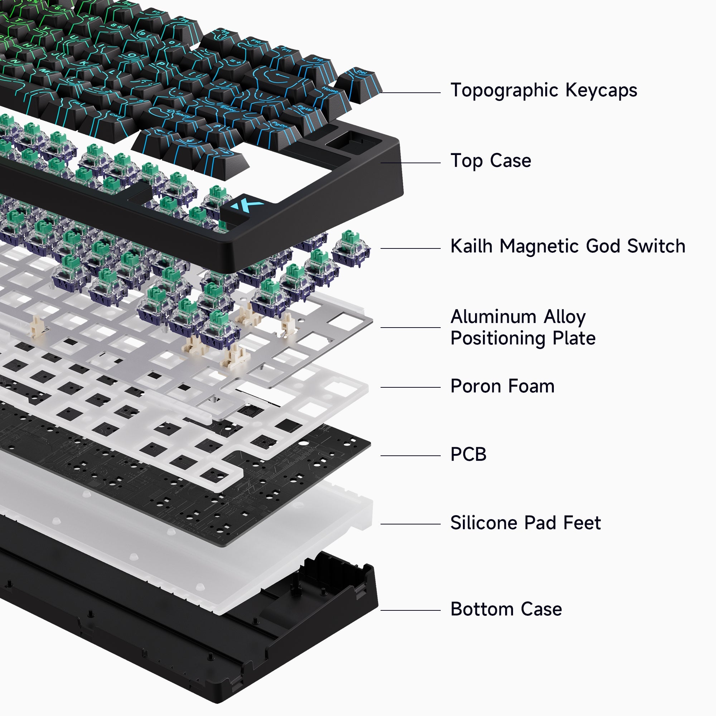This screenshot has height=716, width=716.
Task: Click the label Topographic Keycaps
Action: point(544,90)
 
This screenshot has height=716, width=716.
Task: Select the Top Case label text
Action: point(491,161)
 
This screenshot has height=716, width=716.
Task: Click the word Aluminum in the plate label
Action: point(493,317)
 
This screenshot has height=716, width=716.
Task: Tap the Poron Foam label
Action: point(502,386)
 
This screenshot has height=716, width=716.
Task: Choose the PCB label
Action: point(468,454)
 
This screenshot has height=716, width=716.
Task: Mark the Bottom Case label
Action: point(506,609)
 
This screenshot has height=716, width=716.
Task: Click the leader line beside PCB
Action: point(410,456)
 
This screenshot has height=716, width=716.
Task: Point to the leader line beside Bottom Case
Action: point(410,610)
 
